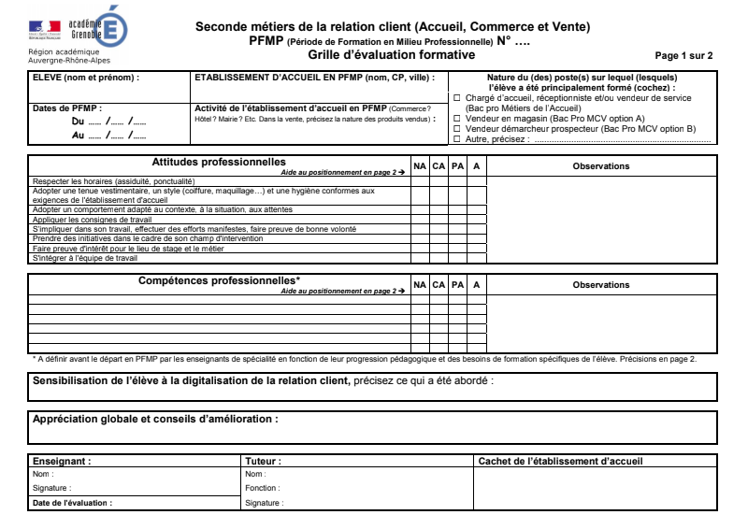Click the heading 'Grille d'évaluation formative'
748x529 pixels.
tap(392, 55)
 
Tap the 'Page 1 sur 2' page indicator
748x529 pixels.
tap(683, 56)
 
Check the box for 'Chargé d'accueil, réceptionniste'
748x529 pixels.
tap(457, 97)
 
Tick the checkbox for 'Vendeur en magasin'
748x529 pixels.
tap(457, 119)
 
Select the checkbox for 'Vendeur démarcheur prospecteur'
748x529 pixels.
tap(457, 129)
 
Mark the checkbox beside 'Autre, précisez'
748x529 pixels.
tap(457, 139)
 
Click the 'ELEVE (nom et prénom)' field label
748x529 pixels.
tap(86, 78)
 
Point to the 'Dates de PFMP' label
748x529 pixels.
tap(67, 108)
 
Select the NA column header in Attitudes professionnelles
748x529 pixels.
tap(420, 166)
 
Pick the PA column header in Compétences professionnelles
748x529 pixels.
tap(457, 285)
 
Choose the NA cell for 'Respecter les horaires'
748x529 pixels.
tap(420, 180)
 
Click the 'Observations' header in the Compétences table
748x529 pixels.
tap(601, 285)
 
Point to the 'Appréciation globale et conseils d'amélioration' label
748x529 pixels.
tap(155, 420)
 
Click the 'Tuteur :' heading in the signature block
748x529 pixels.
tap(263, 461)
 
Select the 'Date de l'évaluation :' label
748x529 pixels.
tap(72, 503)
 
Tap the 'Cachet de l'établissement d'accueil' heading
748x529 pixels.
tap(560, 461)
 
